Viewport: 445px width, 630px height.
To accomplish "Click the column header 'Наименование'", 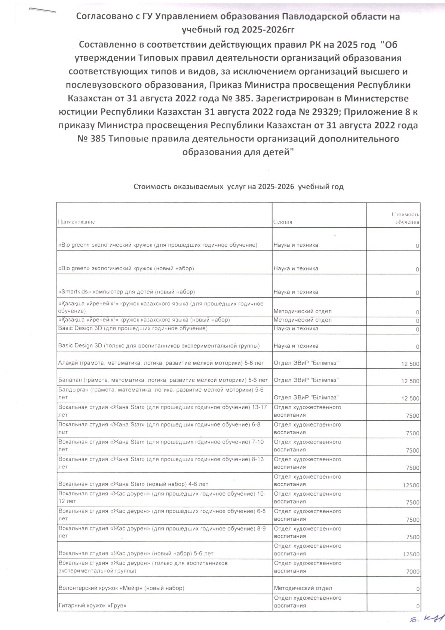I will tap(77, 222).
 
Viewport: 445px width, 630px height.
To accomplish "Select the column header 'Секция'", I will tap(283, 222).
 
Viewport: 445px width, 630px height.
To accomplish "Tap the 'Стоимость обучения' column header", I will tap(406, 218).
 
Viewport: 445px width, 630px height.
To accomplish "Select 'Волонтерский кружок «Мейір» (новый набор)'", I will tap(121, 588).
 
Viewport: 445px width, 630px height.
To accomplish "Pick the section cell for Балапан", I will tap(306, 380).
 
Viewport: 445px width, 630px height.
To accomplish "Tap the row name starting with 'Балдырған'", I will tap(161, 393).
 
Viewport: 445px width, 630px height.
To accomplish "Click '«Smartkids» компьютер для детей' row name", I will tap(126, 292).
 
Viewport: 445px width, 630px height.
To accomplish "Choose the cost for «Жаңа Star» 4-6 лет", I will tap(412, 485).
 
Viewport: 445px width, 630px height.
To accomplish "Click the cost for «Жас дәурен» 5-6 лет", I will tap(412, 554).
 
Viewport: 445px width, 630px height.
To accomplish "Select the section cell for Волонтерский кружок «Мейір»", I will tap(303, 588).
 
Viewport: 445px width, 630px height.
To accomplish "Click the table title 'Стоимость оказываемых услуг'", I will tap(239, 186).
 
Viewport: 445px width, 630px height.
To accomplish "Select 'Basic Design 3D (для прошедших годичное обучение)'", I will tap(133, 328).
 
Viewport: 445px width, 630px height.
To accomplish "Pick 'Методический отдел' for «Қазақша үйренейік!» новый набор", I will tap(303, 320).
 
